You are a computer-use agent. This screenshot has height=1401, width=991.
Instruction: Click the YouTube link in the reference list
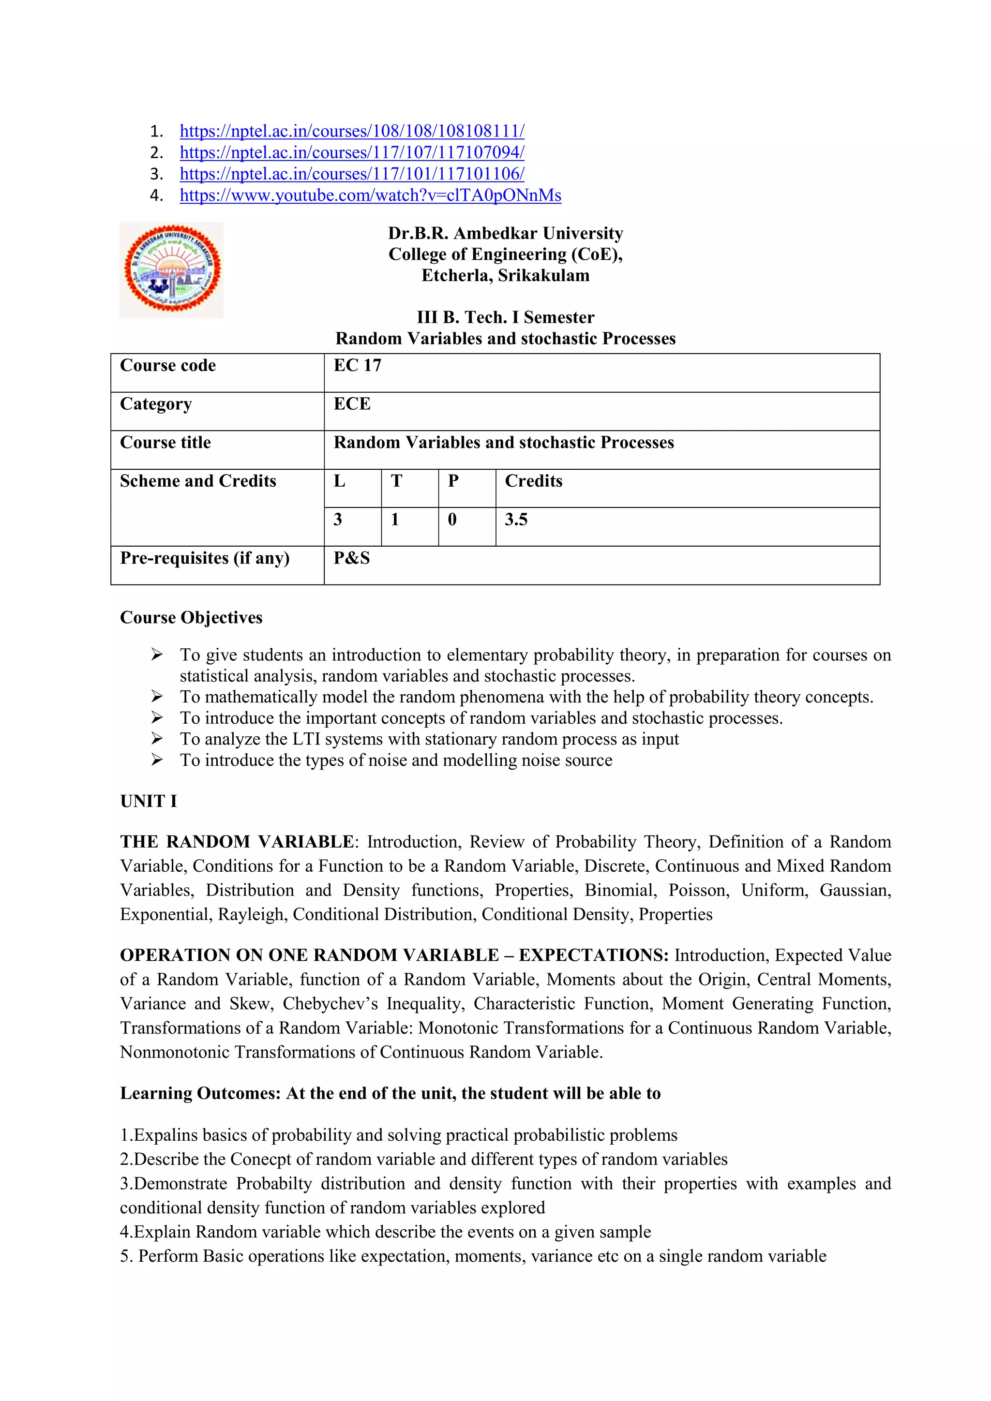pyautogui.click(x=370, y=195)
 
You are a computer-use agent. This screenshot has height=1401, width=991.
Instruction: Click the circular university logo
pyautogui.click(x=172, y=269)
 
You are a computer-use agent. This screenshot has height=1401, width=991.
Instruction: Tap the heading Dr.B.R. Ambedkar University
pyautogui.click(x=505, y=233)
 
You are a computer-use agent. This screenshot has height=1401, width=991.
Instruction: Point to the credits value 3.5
pyautogui.click(x=516, y=520)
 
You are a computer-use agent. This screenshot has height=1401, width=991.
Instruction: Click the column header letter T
pyautogui.click(x=397, y=481)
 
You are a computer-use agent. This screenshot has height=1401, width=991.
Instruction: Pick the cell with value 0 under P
pyautogui.click(x=452, y=520)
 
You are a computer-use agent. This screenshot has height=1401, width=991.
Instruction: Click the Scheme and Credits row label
pyautogui.click(x=198, y=481)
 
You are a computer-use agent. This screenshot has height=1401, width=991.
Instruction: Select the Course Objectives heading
pyautogui.click(x=191, y=617)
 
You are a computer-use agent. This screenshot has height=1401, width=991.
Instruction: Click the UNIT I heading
pyautogui.click(x=148, y=801)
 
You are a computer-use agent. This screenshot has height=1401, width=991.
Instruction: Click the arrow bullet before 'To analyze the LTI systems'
pyautogui.click(x=157, y=739)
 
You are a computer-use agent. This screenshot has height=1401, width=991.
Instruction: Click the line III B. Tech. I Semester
pyautogui.click(x=505, y=317)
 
